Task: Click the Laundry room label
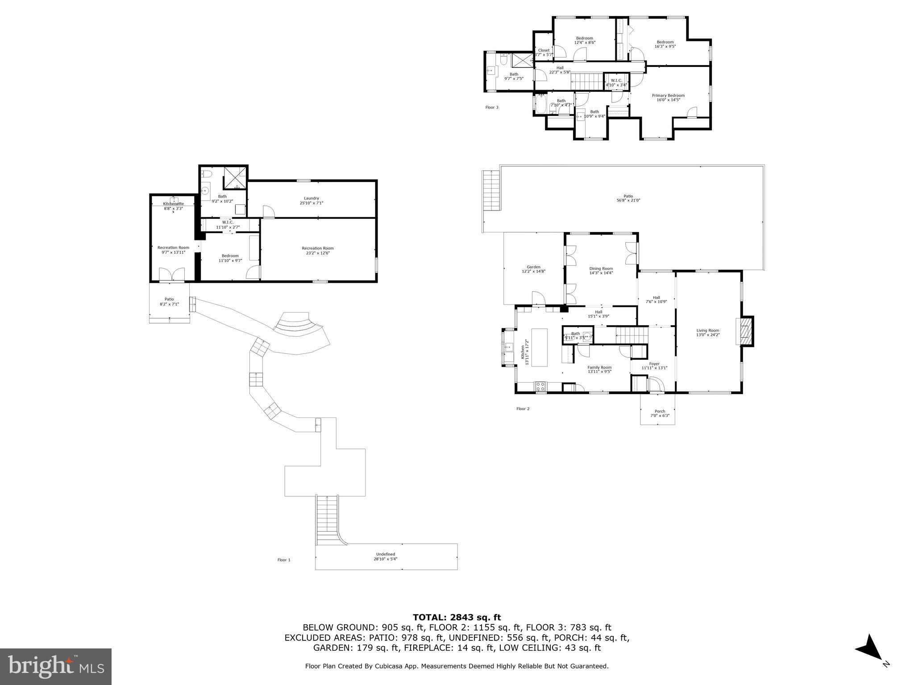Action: [x=311, y=198]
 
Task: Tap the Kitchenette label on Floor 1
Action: [x=173, y=204]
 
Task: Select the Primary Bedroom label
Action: [x=668, y=95]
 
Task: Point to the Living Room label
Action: [x=708, y=330]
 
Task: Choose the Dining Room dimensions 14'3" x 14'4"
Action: [x=601, y=273]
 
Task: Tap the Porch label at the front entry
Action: [x=660, y=411]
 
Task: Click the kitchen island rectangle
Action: [x=540, y=347]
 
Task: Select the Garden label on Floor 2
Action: [x=533, y=267]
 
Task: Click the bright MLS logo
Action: [x=55, y=666]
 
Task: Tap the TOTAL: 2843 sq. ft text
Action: [x=457, y=617]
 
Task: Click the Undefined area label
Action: [x=385, y=554]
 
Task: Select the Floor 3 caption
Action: [x=492, y=107]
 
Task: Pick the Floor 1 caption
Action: [x=284, y=560]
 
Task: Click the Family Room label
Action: [x=599, y=367]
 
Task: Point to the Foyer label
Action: [x=654, y=364]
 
